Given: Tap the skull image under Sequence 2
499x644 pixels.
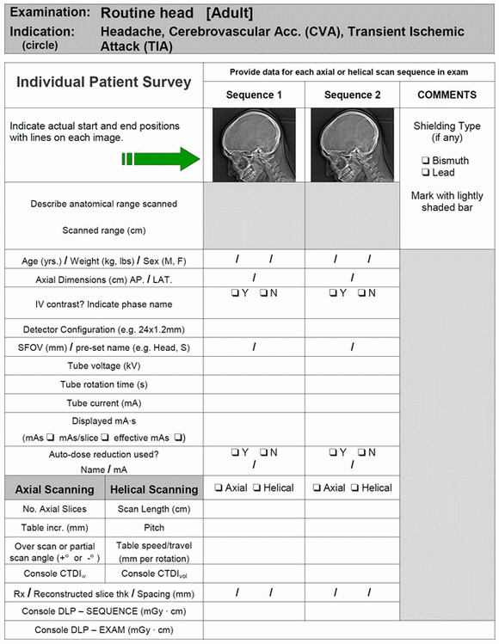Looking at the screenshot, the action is coord(351,144).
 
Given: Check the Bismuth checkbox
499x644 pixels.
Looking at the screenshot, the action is coord(427,161).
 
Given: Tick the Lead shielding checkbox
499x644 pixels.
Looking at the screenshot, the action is coord(427,173).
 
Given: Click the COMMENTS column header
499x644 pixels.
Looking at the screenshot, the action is coord(446,95).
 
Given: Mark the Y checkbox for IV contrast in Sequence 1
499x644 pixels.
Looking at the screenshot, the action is coord(235,293).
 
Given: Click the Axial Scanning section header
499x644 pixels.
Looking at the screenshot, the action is coord(55,489).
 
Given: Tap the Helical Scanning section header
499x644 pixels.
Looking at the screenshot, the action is coord(155,489).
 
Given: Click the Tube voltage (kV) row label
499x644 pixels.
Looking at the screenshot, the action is coord(103,365).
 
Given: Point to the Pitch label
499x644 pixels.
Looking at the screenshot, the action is coord(155,528).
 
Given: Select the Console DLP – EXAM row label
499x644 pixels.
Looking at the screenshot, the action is coord(103,630).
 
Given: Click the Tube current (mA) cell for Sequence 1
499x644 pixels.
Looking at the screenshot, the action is coord(254,402).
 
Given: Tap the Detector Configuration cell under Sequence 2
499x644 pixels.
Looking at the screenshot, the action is coord(352,329).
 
